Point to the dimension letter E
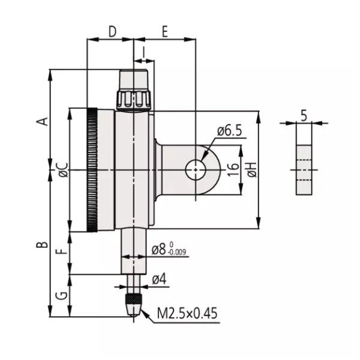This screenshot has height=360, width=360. (x=164, y=32)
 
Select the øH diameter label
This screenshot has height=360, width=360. (x=251, y=170)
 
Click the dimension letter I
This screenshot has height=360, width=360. (x=144, y=53)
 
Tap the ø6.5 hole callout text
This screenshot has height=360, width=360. (x=229, y=130)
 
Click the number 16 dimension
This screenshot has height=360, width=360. (x=234, y=170)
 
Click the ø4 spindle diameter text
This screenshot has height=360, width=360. (x=159, y=279)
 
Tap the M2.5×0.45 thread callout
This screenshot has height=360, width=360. (x=187, y=313)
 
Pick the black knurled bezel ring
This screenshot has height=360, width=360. (x=92, y=170)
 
